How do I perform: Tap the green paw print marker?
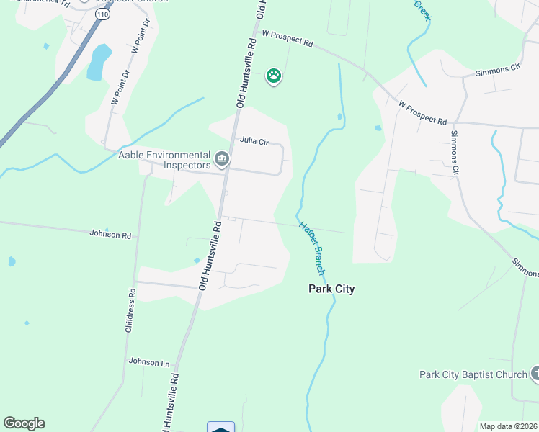tap(273, 75)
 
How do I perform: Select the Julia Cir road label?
tap(254, 142)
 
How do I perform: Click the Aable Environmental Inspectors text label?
tap(165, 160)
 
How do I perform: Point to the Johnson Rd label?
tap(110, 235)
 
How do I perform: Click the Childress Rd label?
tap(130, 310)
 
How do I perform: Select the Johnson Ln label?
tap(148, 362)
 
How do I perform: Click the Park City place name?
tap(331, 289)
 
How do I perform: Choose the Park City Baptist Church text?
tap(473, 374)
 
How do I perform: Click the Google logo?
tap(24, 423)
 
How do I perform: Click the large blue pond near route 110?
tap(99, 62)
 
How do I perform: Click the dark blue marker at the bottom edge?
tap(220, 426)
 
